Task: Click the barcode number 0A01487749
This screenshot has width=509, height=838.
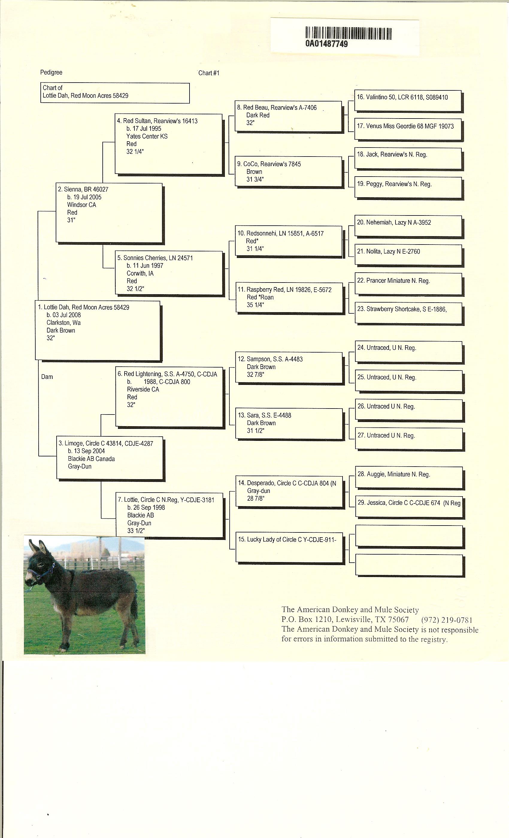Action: [326, 44]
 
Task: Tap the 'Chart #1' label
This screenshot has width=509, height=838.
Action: [209, 73]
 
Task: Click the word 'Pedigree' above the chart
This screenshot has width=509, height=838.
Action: [51, 72]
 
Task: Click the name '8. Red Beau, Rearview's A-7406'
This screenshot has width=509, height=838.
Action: [277, 108]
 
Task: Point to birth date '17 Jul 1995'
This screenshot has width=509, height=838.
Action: [144, 129]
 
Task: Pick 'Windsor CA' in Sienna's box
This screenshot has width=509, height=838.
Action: [82, 205]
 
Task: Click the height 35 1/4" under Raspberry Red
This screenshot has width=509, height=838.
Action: [255, 305]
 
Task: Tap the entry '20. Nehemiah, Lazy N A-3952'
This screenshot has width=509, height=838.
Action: [394, 223]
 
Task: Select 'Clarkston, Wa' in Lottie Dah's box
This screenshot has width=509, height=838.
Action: [63, 323]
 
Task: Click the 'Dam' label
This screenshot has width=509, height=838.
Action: [47, 377]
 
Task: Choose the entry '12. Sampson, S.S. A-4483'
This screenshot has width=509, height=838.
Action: [270, 359]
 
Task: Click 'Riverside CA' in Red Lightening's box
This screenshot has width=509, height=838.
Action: [143, 389]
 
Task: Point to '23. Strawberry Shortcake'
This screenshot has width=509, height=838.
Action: [402, 309]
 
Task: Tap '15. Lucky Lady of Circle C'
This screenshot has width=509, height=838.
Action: [287, 539]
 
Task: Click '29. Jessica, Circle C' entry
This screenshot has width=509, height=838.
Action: [409, 503]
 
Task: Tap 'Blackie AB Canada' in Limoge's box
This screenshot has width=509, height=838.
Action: [91, 459]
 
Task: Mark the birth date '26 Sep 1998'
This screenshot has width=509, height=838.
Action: [146, 507]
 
